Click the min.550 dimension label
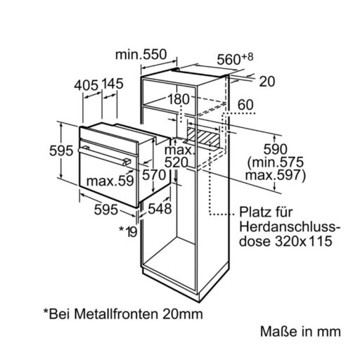coord(141,55)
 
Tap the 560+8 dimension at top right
coord(235,58)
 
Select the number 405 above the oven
coord(86,85)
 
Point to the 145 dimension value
coord(112,84)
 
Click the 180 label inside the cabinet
coord(179,99)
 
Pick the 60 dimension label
coord(245,105)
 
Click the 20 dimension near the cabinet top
coord(267,82)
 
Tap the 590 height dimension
coord(276,149)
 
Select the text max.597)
coord(276,176)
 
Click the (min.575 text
coord(276,162)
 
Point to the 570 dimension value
coord(154,174)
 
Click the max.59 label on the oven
coord(110,181)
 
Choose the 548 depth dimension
coord(160,209)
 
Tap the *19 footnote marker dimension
coord(128,231)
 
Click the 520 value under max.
coord(176,162)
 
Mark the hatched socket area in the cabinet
coord(203,137)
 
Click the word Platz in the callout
coord(254,212)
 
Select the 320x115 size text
coord(303,241)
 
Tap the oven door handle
coord(105,155)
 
